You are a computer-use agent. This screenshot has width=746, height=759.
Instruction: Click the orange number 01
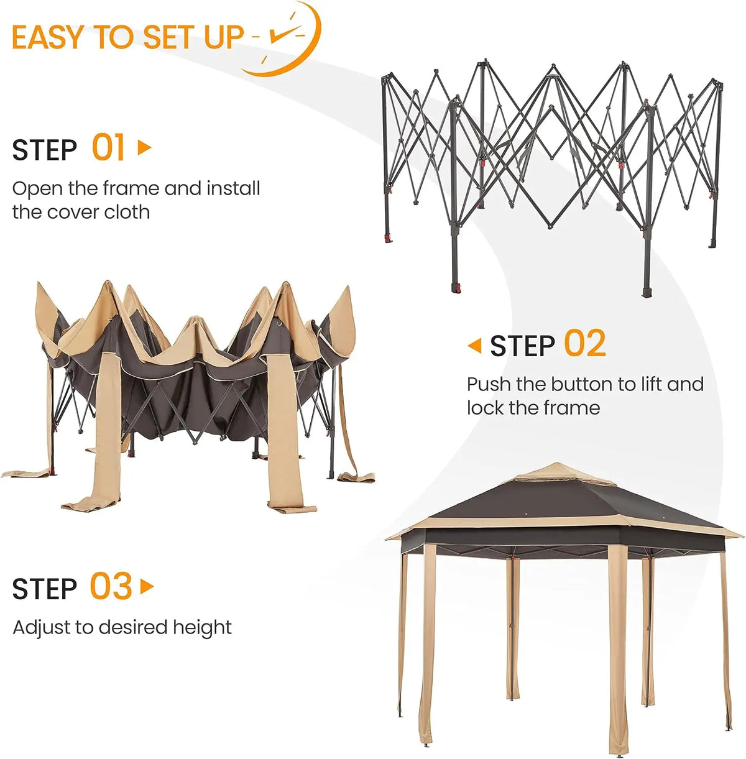[x=108, y=147]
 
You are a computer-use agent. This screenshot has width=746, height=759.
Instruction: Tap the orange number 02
[x=585, y=344]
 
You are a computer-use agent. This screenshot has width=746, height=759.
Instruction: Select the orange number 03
[x=111, y=586]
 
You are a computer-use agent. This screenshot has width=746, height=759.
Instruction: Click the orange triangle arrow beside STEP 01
[x=144, y=147]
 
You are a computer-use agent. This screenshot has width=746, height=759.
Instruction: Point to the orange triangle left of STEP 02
[x=474, y=346]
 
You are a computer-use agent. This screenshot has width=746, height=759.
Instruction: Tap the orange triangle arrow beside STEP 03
[x=147, y=586]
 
